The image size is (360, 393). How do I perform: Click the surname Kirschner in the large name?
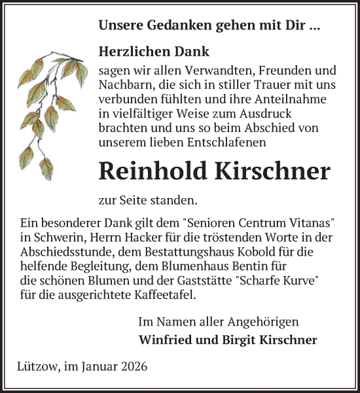click(272, 171)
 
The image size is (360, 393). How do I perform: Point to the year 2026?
click(134, 366)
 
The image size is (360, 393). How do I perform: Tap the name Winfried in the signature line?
click(164, 340)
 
